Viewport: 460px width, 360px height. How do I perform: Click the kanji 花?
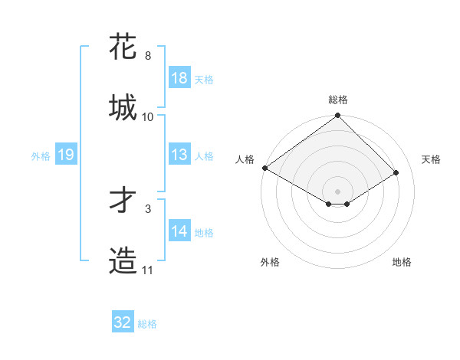coord(123,47)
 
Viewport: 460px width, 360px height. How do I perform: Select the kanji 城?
coord(123,107)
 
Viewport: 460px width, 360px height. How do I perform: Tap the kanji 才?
coord(123,201)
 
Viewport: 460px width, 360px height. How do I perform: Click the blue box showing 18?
coord(179,78)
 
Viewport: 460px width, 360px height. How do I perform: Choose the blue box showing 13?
coord(179,155)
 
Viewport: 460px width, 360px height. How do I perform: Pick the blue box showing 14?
coord(179,231)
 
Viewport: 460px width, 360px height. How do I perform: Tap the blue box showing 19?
coord(66,155)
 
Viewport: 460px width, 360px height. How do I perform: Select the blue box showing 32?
coord(123,322)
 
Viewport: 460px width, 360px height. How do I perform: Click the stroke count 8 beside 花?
coord(148,56)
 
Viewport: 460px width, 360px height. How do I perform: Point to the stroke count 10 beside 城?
coord(148,117)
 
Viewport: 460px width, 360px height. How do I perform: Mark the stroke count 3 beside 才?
coord(148,208)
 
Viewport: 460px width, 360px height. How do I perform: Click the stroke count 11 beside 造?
coord(148,270)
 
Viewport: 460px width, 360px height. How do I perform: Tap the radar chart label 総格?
coord(338,100)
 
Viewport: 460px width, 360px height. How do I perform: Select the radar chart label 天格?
coord(431,159)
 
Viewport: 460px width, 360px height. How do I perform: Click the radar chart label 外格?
coord(270,262)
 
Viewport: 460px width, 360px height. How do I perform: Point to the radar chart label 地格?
coord(402,262)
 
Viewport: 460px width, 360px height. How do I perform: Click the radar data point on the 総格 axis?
coord(338,116)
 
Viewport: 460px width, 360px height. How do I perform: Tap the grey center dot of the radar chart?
coord(338,191)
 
